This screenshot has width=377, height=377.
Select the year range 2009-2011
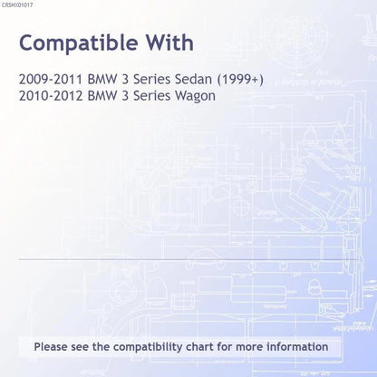[51, 79]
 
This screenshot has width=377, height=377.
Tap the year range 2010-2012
[51, 96]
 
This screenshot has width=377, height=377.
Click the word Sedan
[193, 79]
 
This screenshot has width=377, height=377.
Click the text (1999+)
[240, 80]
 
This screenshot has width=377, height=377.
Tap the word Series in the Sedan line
[152, 79]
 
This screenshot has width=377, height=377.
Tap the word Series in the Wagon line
[152, 96]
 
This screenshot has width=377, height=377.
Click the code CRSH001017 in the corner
[17, 5]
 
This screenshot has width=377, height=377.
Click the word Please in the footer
[51, 346]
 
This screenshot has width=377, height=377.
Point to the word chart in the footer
[199, 346]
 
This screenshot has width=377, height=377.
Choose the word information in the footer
[297, 346]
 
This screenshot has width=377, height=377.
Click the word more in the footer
[249, 347]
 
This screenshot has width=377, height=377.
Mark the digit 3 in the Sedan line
[125, 79]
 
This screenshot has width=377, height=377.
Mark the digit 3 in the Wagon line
[125, 96]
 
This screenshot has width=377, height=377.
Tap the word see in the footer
[80, 347]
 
